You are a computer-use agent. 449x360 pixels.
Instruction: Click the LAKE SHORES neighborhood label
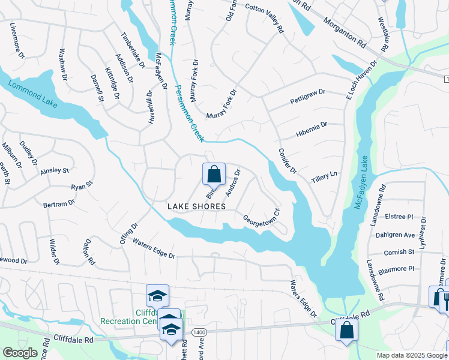(196, 206)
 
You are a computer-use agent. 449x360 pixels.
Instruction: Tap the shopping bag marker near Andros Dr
(214, 175)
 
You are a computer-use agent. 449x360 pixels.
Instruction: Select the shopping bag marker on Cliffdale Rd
(347, 329)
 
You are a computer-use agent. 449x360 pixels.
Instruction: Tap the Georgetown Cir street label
(262, 217)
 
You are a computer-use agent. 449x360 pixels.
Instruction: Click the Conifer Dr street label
(288, 161)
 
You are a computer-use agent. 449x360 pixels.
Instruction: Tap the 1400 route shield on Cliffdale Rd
(199, 332)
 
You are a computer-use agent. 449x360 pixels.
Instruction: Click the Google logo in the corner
(20, 353)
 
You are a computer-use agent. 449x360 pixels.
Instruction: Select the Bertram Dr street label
(59, 204)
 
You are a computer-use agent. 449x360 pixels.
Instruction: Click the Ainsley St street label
(55, 171)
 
